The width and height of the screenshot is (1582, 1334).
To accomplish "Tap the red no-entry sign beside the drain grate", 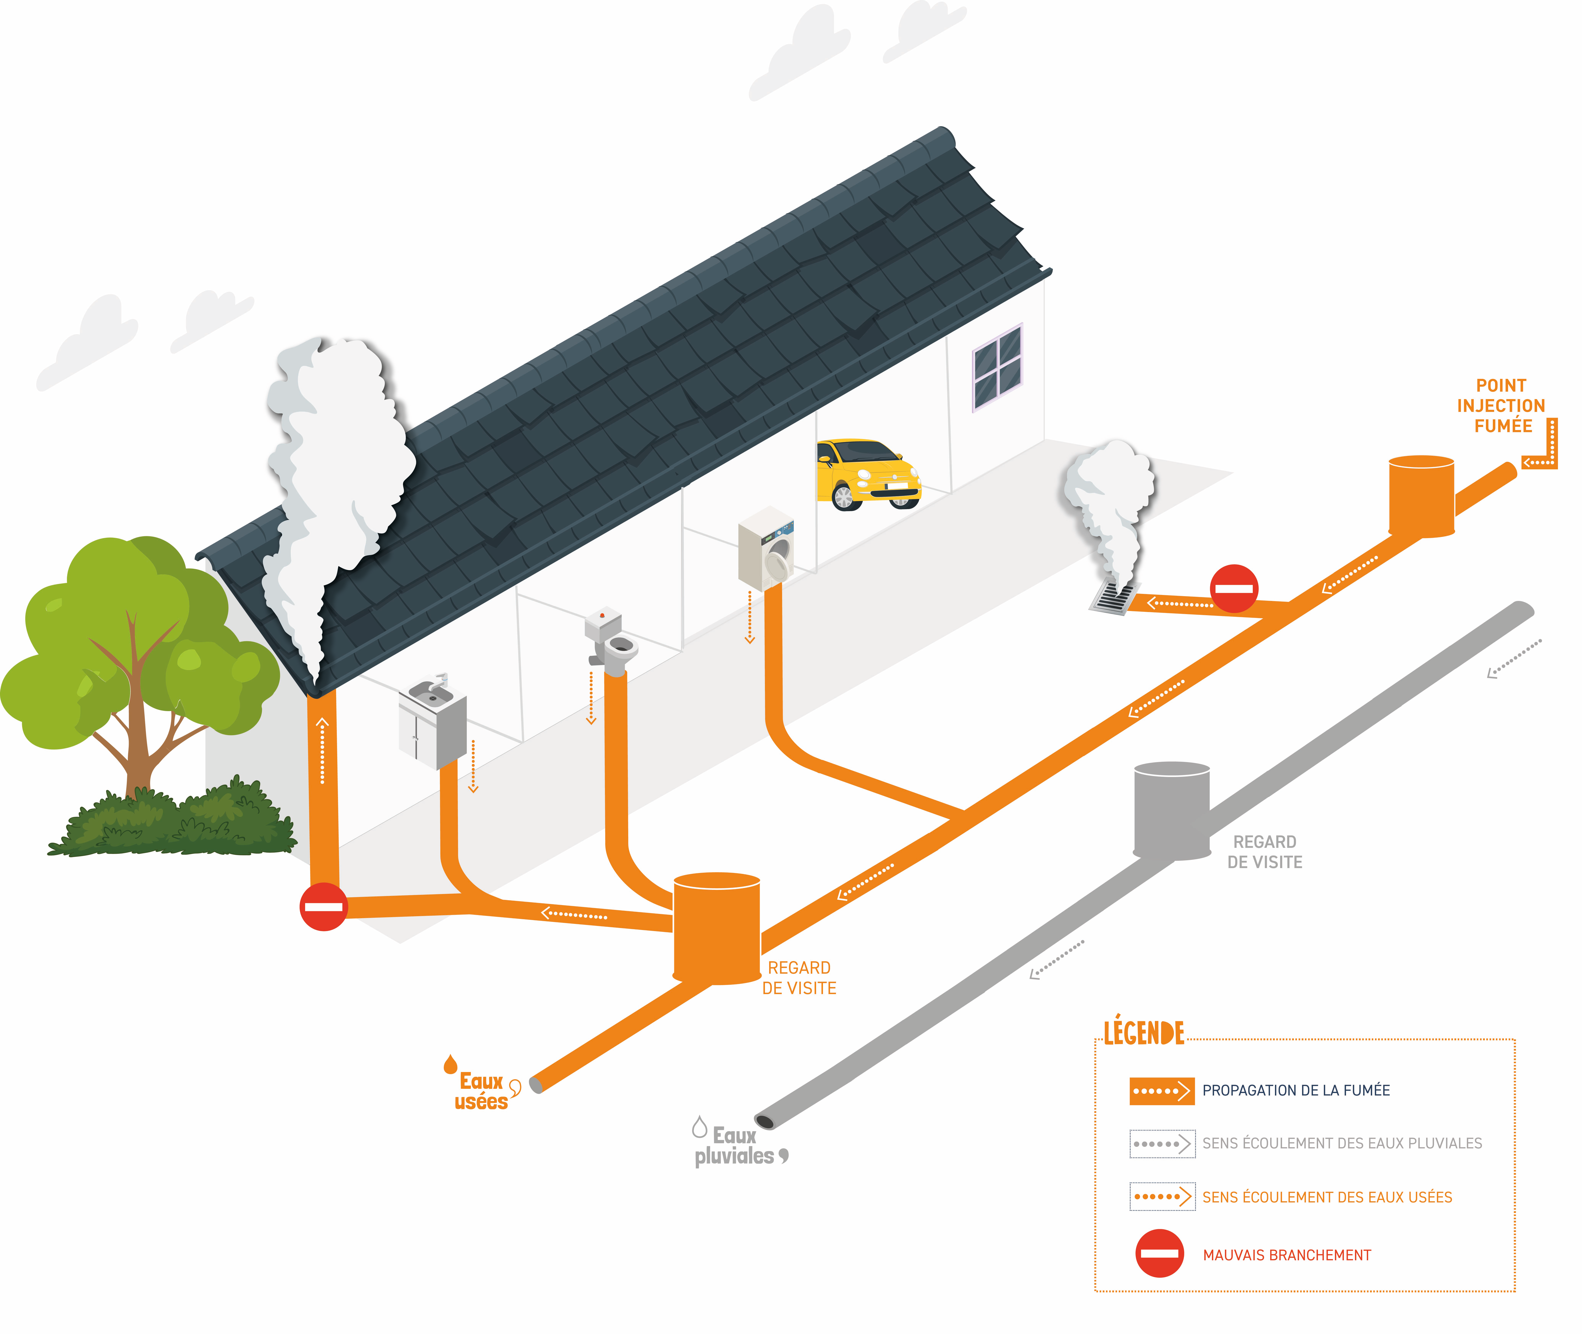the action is [x=1234, y=588].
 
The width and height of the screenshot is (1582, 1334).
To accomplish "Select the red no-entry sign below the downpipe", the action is [x=324, y=906].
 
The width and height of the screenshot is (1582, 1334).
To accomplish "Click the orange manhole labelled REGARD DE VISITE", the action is [x=716, y=929].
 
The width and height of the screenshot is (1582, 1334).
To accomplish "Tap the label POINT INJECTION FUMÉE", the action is [x=1501, y=406].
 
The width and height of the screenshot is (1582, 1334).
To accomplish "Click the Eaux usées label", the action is [x=482, y=1091].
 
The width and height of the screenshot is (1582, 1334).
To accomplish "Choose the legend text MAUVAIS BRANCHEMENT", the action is [x=1287, y=1255].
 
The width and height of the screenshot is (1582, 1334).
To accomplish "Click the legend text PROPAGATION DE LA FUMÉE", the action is [x=1296, y=1091].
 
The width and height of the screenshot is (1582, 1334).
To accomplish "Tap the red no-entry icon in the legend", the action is [x=1159, y=1254].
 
